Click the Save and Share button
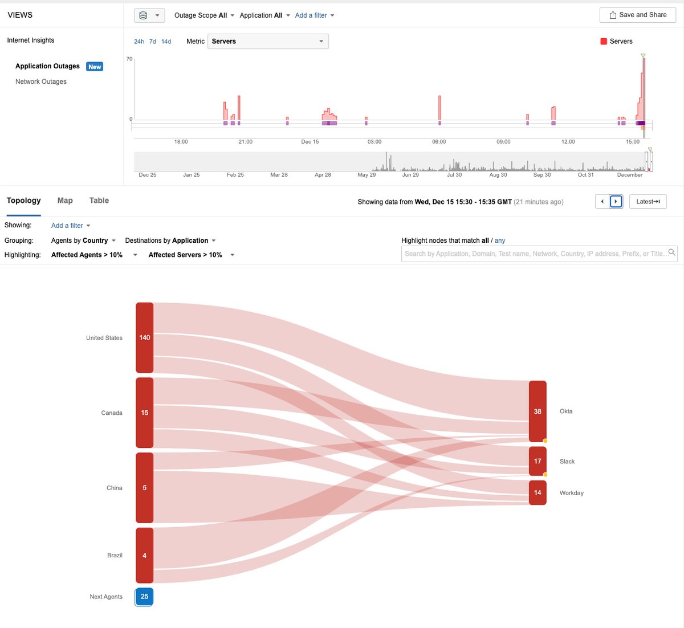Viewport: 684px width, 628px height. pos(637,15)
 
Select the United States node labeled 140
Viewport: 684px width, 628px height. pos(144,337)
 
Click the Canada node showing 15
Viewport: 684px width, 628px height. pos(144,412)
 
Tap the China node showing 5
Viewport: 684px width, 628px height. pos(144,487)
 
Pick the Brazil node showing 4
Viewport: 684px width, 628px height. pos(144,555)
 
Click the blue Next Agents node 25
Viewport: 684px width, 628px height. pos(144,597)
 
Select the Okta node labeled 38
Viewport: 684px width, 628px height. pos(538,411)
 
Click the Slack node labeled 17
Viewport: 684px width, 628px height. pos(538,461)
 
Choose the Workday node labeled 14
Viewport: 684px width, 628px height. pos(538,492)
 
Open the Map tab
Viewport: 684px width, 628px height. pos(65,201)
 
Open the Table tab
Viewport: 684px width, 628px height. pos(99,201)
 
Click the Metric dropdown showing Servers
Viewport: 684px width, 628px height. pos(268,41)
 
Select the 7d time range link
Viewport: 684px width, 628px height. pos(153,42)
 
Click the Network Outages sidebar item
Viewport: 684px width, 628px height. pos(41,81)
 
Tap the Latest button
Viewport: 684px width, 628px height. pos(648,201)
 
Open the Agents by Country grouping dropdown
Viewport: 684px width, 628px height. pos(83,240)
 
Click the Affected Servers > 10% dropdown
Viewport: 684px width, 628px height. pos(191,255)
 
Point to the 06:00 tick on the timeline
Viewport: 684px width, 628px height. pos(439,141)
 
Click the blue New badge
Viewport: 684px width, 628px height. pos(95,67)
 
